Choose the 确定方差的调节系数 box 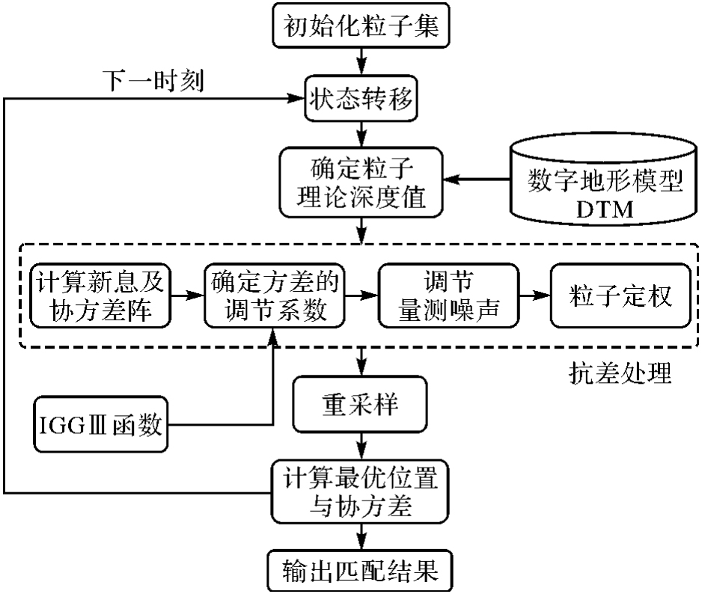click(273, 293)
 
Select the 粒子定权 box click(618, 293)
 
